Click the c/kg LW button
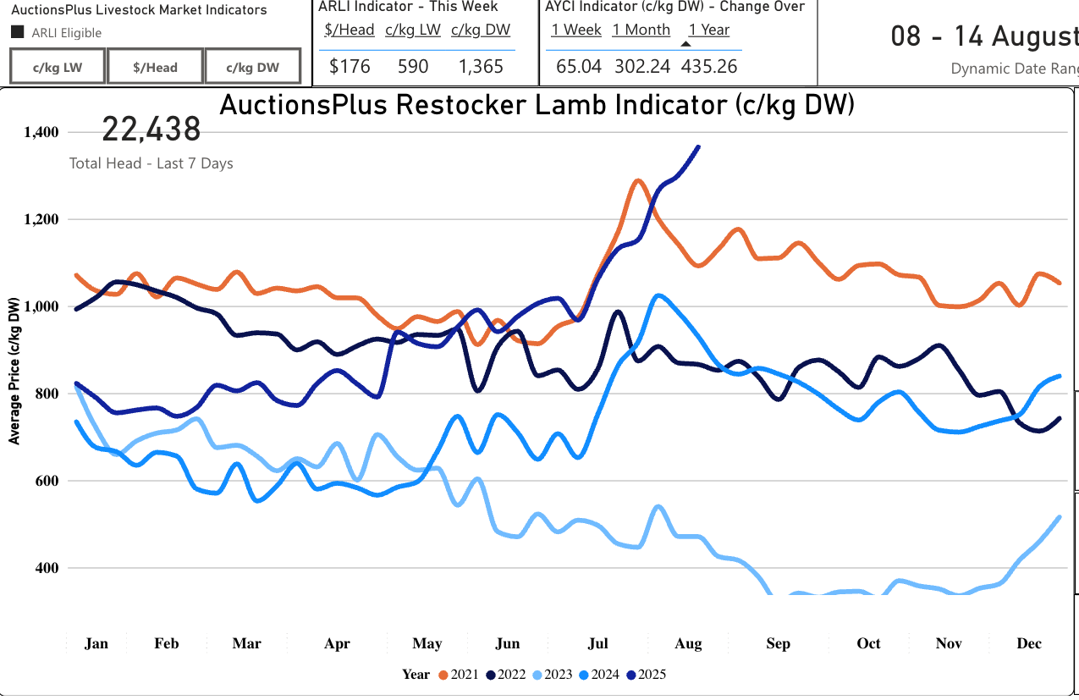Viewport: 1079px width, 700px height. [58, 67]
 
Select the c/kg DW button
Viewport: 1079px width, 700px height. [253, 67]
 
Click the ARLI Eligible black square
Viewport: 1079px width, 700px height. [17, 33]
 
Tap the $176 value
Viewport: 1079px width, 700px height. [345, 67]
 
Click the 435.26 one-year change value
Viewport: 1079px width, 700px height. [709, 67]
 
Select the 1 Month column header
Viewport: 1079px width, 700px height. [641, 30]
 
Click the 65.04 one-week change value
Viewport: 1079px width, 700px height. [575, 67]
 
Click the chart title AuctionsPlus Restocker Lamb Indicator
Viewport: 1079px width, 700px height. [537, 105]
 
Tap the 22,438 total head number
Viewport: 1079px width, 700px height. [151, 130]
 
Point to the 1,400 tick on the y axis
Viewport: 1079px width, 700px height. [41, 132]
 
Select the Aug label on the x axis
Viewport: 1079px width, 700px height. [688, 644]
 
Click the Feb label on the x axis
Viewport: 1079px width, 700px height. [167, 644]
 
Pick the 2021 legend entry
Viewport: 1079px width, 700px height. [459, 675]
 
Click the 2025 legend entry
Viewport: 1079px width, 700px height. [645, 675]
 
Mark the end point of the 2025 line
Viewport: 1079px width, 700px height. [698, 146]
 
